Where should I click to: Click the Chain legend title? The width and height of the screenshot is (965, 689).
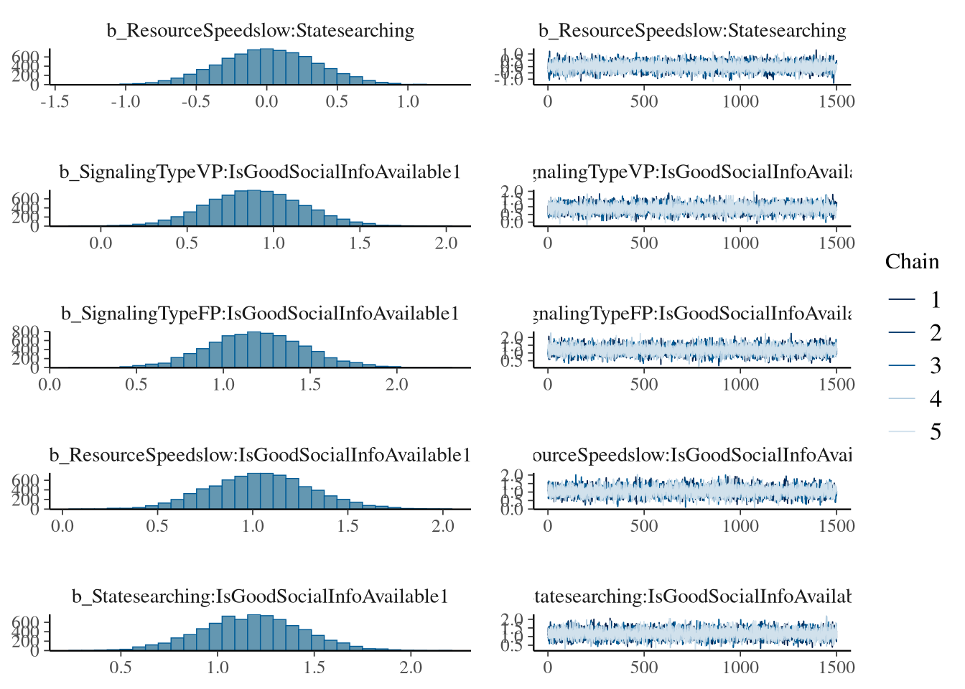click(x=912, y=262)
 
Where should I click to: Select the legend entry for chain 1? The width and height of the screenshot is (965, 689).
click(x=935, y=300)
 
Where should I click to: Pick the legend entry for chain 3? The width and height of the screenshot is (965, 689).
click(x=935, y=366)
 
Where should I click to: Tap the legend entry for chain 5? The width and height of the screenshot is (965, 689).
click(x=935, y=432)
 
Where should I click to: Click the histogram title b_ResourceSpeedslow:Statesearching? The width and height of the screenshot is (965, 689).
click(x=261, y=31)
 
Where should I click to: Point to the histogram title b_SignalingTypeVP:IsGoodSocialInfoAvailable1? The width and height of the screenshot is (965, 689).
click(x=259, y=172)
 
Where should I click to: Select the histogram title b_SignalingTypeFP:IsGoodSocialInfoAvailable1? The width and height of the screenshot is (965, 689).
click(x=260, y=314)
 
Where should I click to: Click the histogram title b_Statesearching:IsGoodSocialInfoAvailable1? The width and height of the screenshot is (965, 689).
click(x=260, y=596)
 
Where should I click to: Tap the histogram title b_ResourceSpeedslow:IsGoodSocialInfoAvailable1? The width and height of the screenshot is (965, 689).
click(x=260, y=455)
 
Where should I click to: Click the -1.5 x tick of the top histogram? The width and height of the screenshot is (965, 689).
click(x=55, y=102)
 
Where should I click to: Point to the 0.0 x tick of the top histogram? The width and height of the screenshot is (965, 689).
click(x=266, y=102)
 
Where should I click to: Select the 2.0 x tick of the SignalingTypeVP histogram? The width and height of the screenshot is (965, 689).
click(x=446, y=243)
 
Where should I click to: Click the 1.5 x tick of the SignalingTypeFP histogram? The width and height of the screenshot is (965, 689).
click(x=310, y=385)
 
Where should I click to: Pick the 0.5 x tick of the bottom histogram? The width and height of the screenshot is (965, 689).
click(x=121, y=667)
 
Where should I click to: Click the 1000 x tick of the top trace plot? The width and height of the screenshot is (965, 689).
click(x=740, y=102)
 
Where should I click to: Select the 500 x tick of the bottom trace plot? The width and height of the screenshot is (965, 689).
click(x=644, y=667)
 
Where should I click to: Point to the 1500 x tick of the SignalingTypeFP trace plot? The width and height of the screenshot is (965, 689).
click(x=836, y=385)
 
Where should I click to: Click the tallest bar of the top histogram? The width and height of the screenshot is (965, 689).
click(x=266, y=67)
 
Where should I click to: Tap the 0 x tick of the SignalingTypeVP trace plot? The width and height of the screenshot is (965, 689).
click(x=548, y=243)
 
